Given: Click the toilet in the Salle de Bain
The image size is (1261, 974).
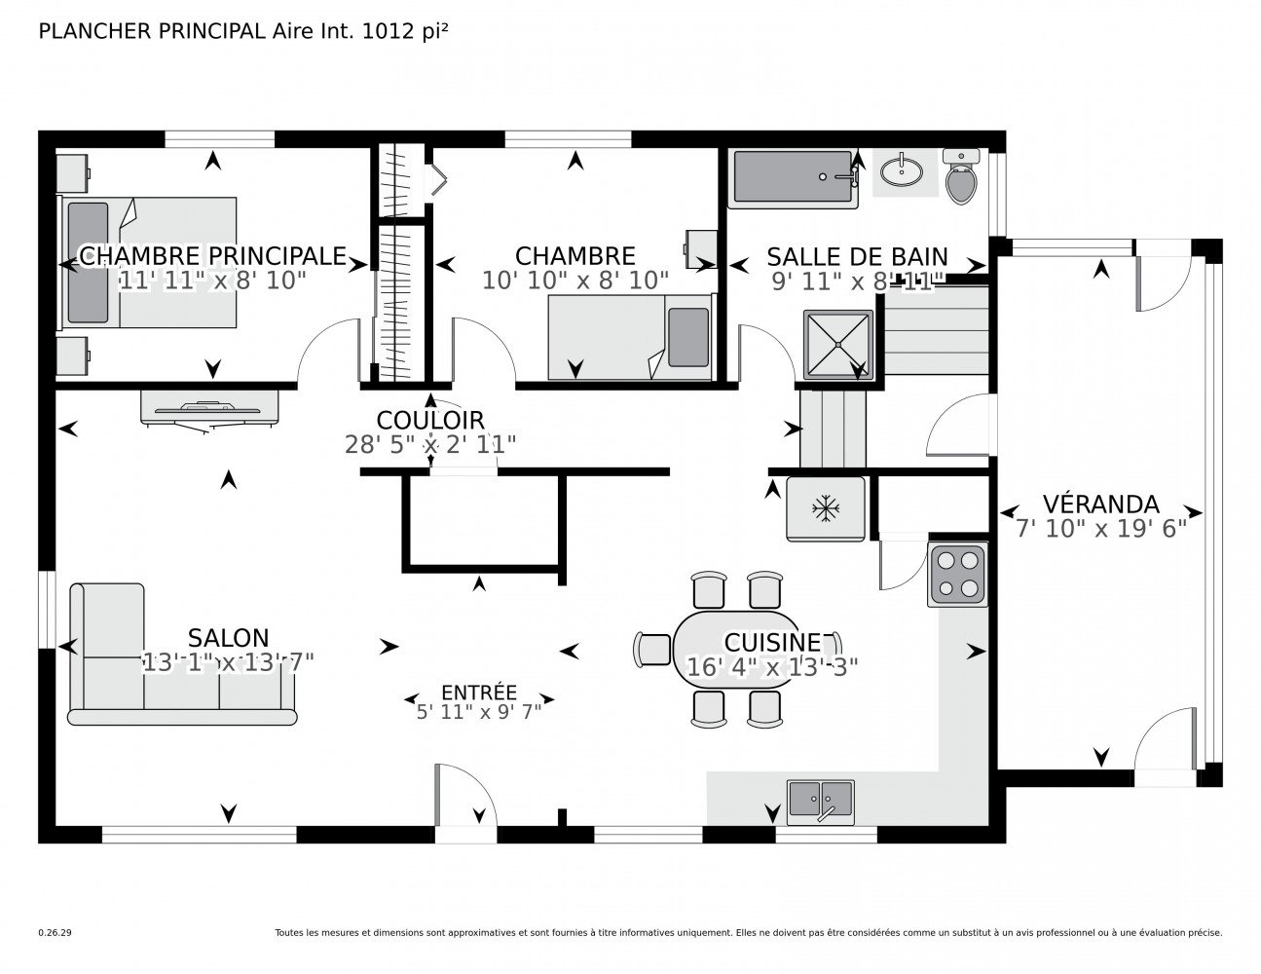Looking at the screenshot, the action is pos(961,176).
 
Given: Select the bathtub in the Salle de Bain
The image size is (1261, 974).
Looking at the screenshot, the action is pos(793,179).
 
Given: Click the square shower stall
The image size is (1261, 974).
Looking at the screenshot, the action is pos(838,345).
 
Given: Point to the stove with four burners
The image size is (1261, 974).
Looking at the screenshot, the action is pos(957,575).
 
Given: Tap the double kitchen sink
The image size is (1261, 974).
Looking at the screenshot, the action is pos(821,802).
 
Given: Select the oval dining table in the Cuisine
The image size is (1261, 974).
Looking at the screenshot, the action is pos(736,649).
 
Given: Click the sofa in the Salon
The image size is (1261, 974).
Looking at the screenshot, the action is pos(182,655).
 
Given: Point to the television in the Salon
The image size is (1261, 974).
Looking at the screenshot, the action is pos(209,409).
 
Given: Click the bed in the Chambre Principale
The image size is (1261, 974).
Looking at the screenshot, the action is pos(149,262).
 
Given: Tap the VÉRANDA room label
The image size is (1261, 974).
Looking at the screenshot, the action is pos(1100,504).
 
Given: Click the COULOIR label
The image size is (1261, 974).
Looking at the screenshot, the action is pos(430,420).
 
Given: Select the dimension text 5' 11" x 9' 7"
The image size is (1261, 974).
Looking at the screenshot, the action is pos(479,712).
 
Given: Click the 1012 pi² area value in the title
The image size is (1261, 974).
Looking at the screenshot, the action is pos(404,31).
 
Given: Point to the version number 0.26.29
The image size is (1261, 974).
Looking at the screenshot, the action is pos(56,933).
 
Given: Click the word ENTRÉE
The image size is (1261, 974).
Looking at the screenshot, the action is pos(479,692).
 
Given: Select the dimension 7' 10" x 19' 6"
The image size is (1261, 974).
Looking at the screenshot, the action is pos(1101,528).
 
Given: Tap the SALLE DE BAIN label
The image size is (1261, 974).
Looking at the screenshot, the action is pos(857,256).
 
